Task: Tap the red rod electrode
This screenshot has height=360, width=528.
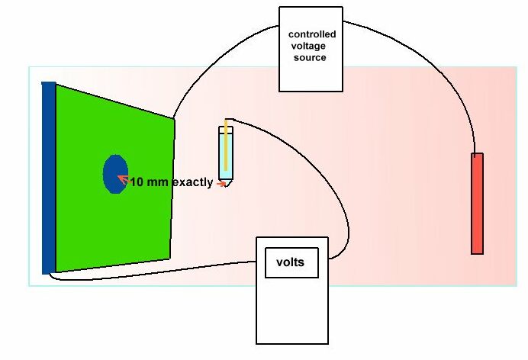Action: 478,203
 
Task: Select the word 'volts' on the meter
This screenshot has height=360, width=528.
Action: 289,262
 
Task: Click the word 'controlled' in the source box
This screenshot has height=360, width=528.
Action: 311,35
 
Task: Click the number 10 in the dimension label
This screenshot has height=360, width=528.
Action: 137,182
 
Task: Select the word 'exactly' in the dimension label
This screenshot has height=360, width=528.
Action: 192,182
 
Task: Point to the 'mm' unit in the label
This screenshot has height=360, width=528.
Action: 158,182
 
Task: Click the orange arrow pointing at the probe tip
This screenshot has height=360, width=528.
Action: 221,183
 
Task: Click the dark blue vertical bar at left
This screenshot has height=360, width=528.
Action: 49,177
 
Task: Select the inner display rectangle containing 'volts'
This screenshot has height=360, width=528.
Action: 289,263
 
